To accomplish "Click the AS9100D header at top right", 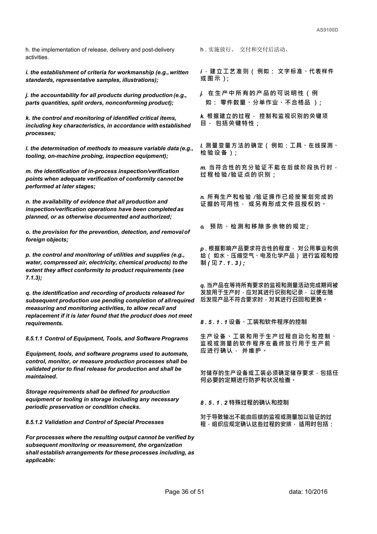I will (x=327, y=30).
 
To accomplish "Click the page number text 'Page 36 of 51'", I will (x=184, y=492).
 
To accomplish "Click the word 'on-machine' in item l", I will (x=63, y=156).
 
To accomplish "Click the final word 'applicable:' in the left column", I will (x=40, y=460).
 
